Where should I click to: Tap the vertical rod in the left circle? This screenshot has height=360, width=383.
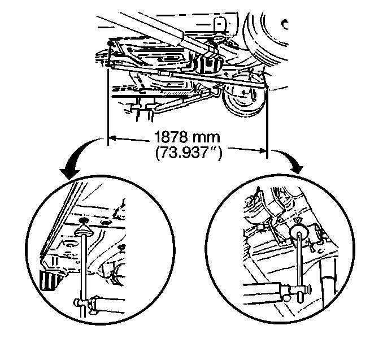[x=84, y=266]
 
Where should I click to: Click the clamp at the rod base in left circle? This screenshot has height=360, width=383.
[x=83, y=305]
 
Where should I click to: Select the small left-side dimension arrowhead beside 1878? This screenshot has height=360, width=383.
[x=111, y=137]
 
